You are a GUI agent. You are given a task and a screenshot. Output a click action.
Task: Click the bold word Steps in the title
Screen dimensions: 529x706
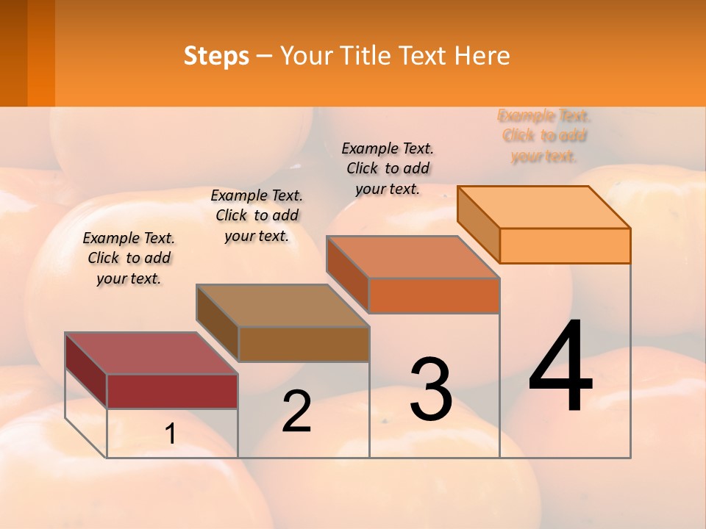tap(216, 56)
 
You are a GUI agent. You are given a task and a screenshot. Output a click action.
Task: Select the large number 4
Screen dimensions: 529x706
tap(560, 367)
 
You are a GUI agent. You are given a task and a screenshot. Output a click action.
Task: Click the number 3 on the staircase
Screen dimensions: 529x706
tap(431, 390)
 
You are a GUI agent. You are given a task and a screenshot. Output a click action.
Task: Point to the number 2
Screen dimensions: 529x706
tap(296, 411)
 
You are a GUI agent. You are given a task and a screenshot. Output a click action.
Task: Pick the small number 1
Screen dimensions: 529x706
tap(170, 434)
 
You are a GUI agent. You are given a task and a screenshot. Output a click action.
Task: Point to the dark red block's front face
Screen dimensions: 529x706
tap(172, 391)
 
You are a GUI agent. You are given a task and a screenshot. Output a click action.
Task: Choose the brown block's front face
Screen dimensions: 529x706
tap(304, 344)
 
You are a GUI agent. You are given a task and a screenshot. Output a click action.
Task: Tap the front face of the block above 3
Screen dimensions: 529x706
tap(434, 295)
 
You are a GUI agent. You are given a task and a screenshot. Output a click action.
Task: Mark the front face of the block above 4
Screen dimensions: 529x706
tap(565, 245)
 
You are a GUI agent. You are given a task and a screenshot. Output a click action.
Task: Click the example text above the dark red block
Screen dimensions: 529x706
tap(129, 258)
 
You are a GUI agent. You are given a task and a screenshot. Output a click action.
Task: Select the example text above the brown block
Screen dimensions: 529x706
tap(257, 215)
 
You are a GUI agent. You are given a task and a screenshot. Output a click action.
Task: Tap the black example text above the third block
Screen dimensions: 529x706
tap(388, 168)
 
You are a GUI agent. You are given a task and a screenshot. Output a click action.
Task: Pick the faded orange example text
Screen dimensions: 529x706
tap(543, 136)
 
